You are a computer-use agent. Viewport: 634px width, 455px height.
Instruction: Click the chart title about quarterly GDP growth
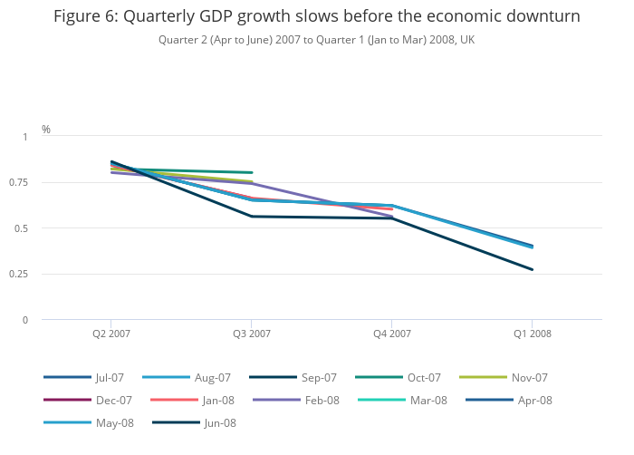[316, 16]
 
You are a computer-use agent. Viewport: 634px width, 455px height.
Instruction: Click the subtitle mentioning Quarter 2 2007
[316, 40]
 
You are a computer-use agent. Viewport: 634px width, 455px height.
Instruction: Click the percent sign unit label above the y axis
[46, 130]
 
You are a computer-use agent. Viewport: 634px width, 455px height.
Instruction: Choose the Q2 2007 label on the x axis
[110, 334]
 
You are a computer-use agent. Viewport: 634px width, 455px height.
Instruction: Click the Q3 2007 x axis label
[252, 334]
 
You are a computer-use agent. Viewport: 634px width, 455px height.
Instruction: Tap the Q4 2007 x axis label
[391, 334]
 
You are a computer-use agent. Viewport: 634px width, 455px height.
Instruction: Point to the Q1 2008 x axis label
[532, 334]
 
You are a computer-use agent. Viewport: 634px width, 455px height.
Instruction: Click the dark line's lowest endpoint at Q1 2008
[533, 269]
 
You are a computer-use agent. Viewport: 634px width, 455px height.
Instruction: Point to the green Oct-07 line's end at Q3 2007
[252, 172]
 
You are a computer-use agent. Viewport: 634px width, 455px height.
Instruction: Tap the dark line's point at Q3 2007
[252, 217]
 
